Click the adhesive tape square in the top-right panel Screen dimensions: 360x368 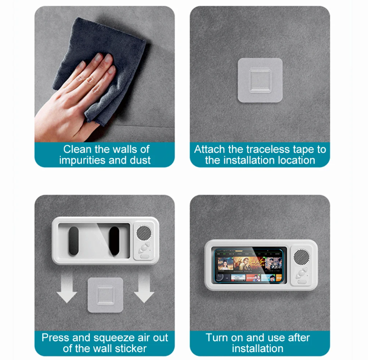pyautogui.click(x=260, y=80)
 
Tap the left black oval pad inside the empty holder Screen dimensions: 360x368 pyautogui.click(x=74, y=241)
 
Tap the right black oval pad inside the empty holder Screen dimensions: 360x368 pyautogui.click(x=114, y=241)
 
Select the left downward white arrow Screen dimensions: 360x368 pyautogui.click(x=67, y=290)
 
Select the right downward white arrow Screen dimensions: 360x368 pyautogui.click(x=144, y=290)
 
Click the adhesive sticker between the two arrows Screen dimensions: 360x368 pyautogui.click(x=105, y=295)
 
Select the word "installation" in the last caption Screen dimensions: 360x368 pyautogui.click(x=258, y=349)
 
